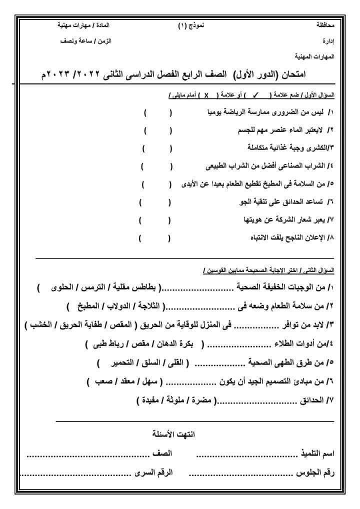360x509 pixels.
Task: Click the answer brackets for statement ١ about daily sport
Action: (157, 113)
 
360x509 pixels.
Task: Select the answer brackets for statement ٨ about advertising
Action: (155, 238)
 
